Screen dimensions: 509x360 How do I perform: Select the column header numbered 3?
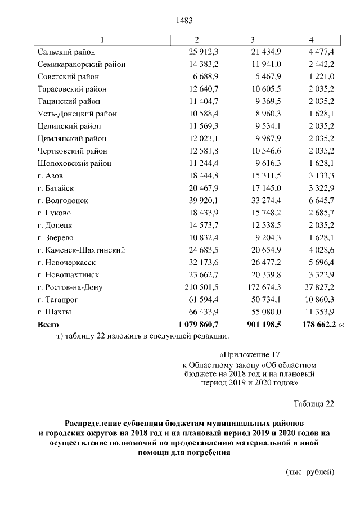click(x=253, y=39)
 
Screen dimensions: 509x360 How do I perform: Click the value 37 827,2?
click(x=319, y=287)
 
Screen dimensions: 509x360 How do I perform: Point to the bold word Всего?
click(x=48, y=325)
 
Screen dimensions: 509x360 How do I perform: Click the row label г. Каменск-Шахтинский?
click(x=81, y=250)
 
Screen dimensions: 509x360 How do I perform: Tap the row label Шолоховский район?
click(x=74, y=163)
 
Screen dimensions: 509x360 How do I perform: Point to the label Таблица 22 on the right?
click(x=314, y=403)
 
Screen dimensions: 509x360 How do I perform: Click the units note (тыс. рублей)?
click(x=310, y=471)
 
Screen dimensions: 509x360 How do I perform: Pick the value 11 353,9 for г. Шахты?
click(x=319, y=312)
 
